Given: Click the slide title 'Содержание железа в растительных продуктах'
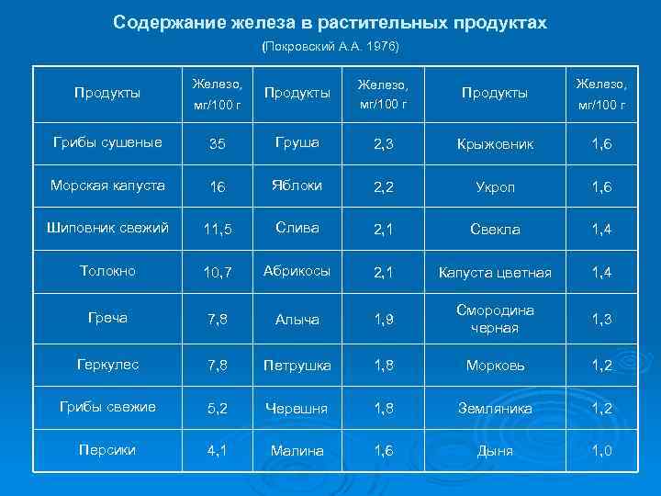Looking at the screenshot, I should click(x=330, y=22).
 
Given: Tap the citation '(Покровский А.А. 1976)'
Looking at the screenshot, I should click(x=330, y=45).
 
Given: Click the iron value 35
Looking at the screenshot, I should click(x=218, y=143).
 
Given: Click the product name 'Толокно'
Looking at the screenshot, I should click(x=107, y=272).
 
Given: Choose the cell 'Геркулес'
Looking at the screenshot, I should click(x=107, y=365).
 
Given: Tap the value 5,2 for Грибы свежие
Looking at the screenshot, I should click(x=218, y=408).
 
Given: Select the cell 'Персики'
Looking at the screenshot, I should click(x=107, y=451).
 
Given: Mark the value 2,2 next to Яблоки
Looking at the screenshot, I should click(x=385, y=186).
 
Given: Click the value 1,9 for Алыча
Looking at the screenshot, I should click(x=385, y=320).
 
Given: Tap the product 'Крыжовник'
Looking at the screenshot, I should click(x=495, y=143).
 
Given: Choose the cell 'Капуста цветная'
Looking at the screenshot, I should click(x=495, y=273).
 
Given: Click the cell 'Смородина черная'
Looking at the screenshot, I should click(x=495, y=319).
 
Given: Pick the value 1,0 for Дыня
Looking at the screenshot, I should click(x=602, y=451).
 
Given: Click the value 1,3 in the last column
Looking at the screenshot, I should click(x=602, y=320).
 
